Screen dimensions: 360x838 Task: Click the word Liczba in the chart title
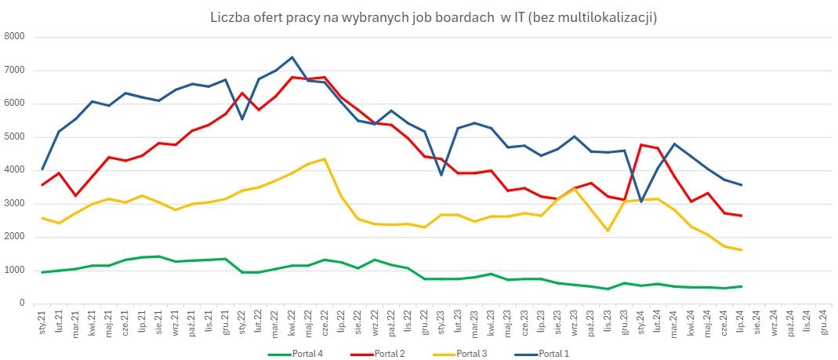click(x=229, y=16)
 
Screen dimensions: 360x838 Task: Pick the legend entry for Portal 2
click(x=390, y=354)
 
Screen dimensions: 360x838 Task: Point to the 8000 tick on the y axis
click(x=15, y=37)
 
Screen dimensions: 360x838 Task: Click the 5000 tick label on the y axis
click(x=15, y=137)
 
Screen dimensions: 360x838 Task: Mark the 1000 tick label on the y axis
click(x=15, y=271)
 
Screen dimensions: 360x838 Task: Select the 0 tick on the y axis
click(x=22, y=304)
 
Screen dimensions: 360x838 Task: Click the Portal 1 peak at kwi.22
click(x=292, y=57)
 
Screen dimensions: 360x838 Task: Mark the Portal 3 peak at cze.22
click(x=325, y=159)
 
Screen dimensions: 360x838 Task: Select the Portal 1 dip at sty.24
click(x=640, y=202)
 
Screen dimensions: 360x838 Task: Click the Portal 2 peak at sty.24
click(x=640, y=145)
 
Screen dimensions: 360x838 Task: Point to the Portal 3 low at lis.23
click(x=608, y=231)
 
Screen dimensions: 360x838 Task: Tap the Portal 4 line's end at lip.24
click(x=741, y=286)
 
